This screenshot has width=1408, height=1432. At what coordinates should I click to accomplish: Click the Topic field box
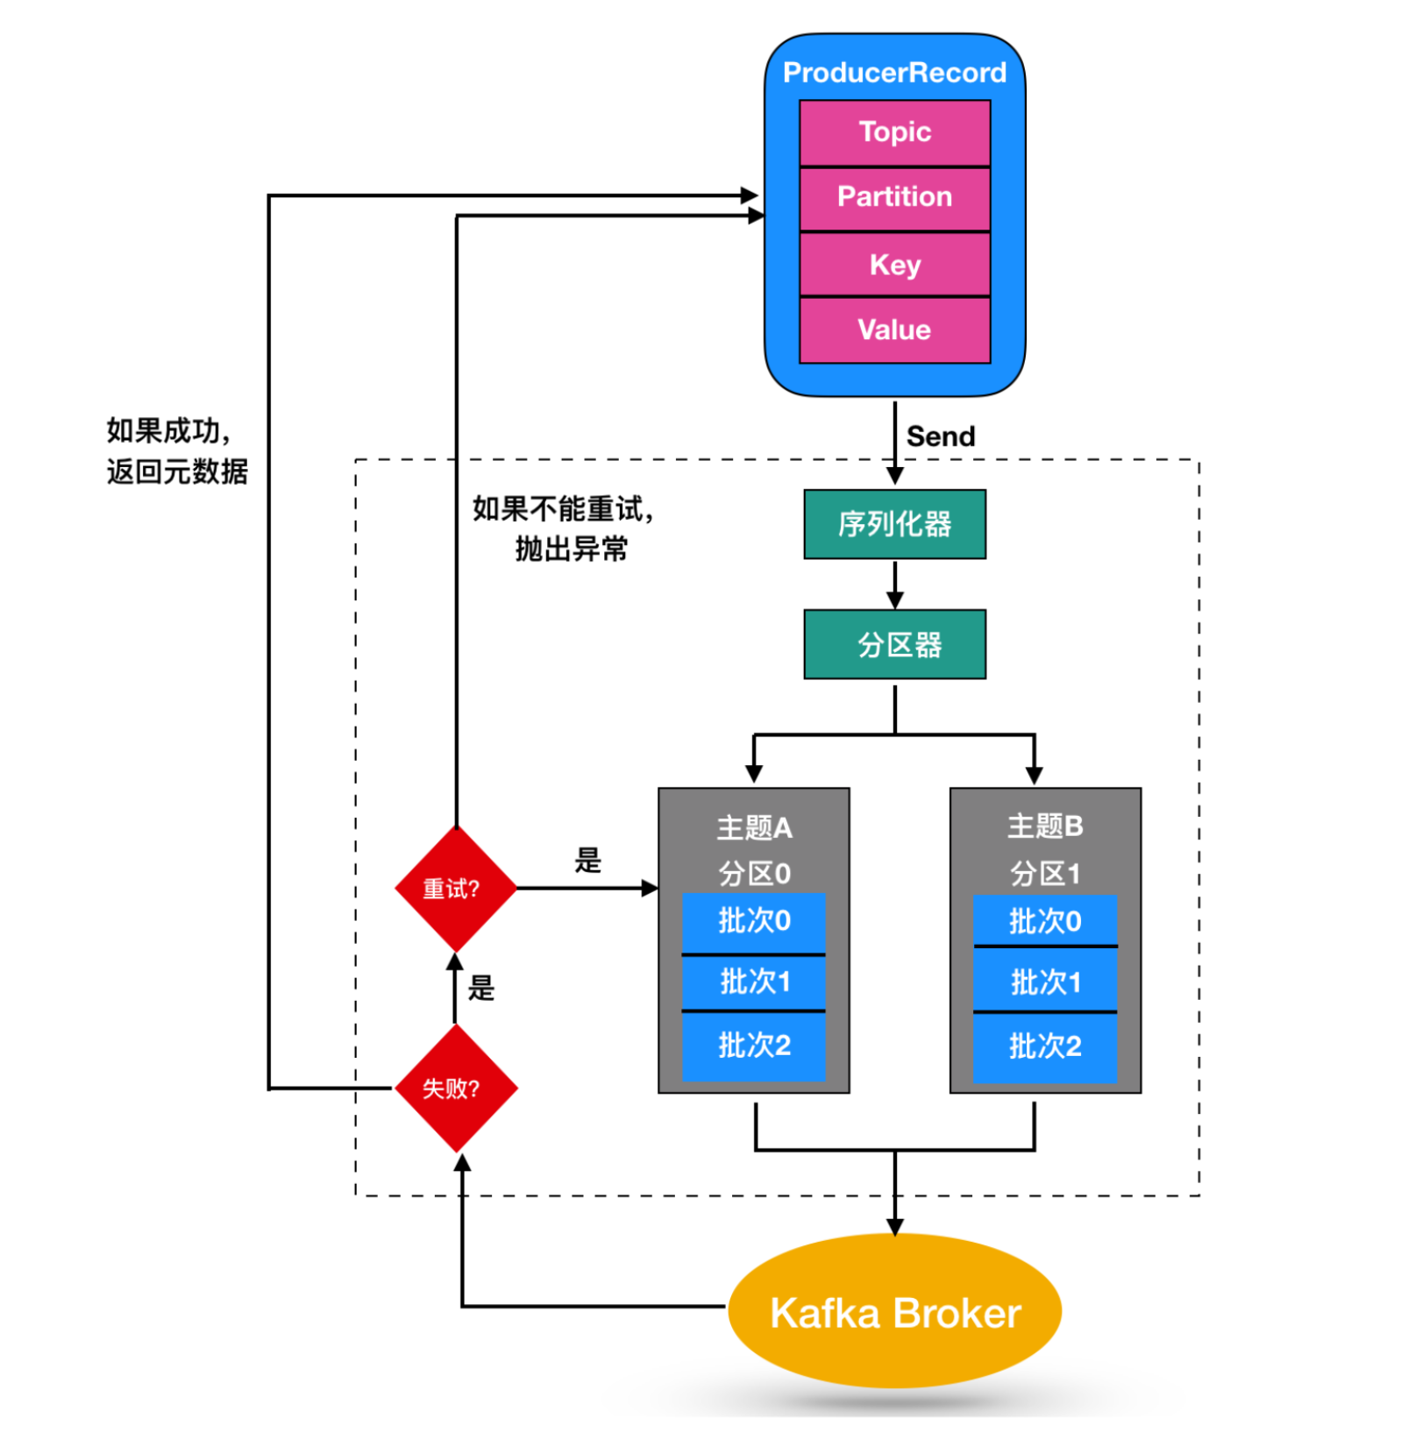(x=894, y=132)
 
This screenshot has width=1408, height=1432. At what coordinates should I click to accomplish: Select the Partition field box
(x=894, y=197)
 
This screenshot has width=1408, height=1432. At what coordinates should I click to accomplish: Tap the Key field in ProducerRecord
(x=894, y=264)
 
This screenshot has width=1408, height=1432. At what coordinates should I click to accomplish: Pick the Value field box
(x=894, y=330)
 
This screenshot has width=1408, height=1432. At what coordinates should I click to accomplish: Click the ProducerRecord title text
(x=894, y=73)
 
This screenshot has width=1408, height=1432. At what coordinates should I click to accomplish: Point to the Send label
(x=940, y=436)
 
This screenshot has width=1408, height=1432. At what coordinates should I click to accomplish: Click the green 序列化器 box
(x=894, y=524)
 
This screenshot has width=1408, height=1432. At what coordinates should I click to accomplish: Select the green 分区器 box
(x=894, y=644)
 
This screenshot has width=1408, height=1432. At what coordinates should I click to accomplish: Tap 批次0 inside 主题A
(x=754, y=921)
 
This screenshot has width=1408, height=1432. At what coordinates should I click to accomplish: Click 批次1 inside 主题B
(x=1045, y=982)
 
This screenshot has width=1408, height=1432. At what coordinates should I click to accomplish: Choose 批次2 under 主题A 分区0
(x=754, y=1046)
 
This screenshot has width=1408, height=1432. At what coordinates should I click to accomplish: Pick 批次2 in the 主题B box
(x=1045, y=1046)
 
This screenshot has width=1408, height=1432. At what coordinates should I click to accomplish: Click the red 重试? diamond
(x=455, y=889)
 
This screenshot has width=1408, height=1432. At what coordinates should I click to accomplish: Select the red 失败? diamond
(x=455, y=1088)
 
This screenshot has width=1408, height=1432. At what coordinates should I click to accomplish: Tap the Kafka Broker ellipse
(x=894, y=1312)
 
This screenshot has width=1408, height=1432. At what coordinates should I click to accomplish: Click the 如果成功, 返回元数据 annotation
(x=176, y=451)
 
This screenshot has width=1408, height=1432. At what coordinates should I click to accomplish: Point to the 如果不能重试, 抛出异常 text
(x=564, y=528)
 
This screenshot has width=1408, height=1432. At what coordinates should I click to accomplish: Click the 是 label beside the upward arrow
(x=480, y=988)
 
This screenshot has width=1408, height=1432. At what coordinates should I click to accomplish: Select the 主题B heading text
(x=1045, y=826)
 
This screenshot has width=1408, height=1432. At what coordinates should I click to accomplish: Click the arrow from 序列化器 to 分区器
(x=894, y=585)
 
